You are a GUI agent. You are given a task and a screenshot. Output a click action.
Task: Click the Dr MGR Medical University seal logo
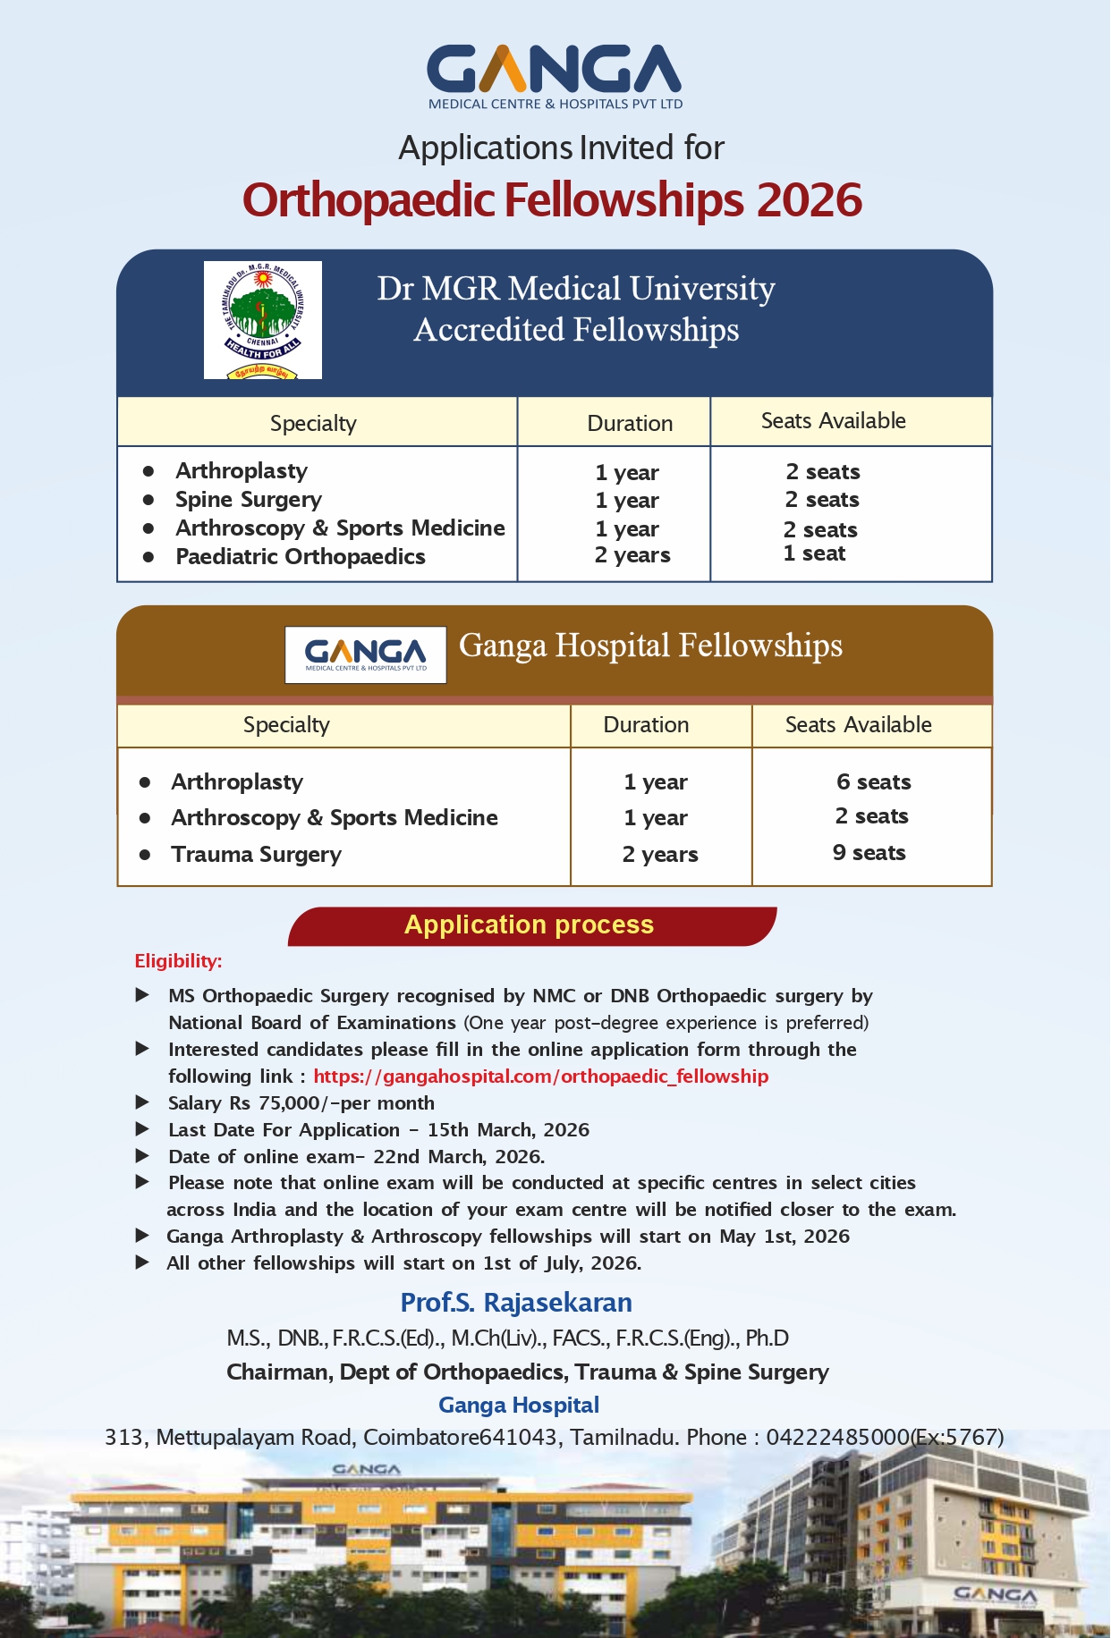tap(262, 320)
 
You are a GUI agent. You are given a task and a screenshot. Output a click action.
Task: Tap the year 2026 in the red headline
tap(810, 199)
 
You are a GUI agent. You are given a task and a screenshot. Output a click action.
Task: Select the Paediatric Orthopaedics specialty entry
tap(301, 557)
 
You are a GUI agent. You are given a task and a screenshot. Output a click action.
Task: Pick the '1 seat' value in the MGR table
tap(814, 553)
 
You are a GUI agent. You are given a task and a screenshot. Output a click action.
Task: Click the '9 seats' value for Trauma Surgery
tap(869, 853)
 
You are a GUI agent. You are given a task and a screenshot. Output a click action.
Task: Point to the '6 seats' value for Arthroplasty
tap(873, 782)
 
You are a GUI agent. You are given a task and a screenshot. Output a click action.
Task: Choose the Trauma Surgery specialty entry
tap(256, 855)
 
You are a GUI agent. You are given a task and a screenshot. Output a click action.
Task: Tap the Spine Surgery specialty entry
tap(249, 500)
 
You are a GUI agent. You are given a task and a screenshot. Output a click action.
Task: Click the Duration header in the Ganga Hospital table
tap(646, 725)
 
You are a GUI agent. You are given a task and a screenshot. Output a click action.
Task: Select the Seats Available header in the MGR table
tap(833, 421)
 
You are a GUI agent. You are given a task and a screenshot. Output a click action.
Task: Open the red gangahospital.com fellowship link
tap(540, 1077)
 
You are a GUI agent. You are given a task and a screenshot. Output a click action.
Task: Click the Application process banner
tap(530, 925)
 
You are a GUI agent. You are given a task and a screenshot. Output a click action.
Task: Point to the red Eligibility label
tap(178, 961)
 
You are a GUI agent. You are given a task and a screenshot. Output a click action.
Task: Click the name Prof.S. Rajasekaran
tap(516, 1303)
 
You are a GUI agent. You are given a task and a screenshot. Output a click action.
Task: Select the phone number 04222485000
tap(837, 1438)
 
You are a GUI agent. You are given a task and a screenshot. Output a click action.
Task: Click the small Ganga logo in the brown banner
tap(365, 654)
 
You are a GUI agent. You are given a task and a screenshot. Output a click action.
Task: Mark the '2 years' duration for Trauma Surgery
tap(660, 855)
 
